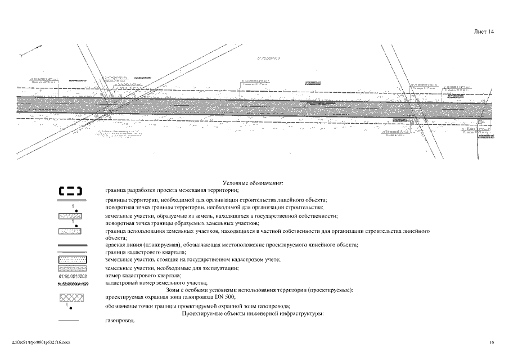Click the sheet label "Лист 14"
[484, 32]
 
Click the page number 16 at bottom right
[492, 341]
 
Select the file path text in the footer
[42, 341]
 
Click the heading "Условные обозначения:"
[253, 183]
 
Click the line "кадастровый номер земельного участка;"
[156, 282]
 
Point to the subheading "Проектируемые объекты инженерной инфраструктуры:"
[253, 313]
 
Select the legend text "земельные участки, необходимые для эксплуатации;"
[172, 268]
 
